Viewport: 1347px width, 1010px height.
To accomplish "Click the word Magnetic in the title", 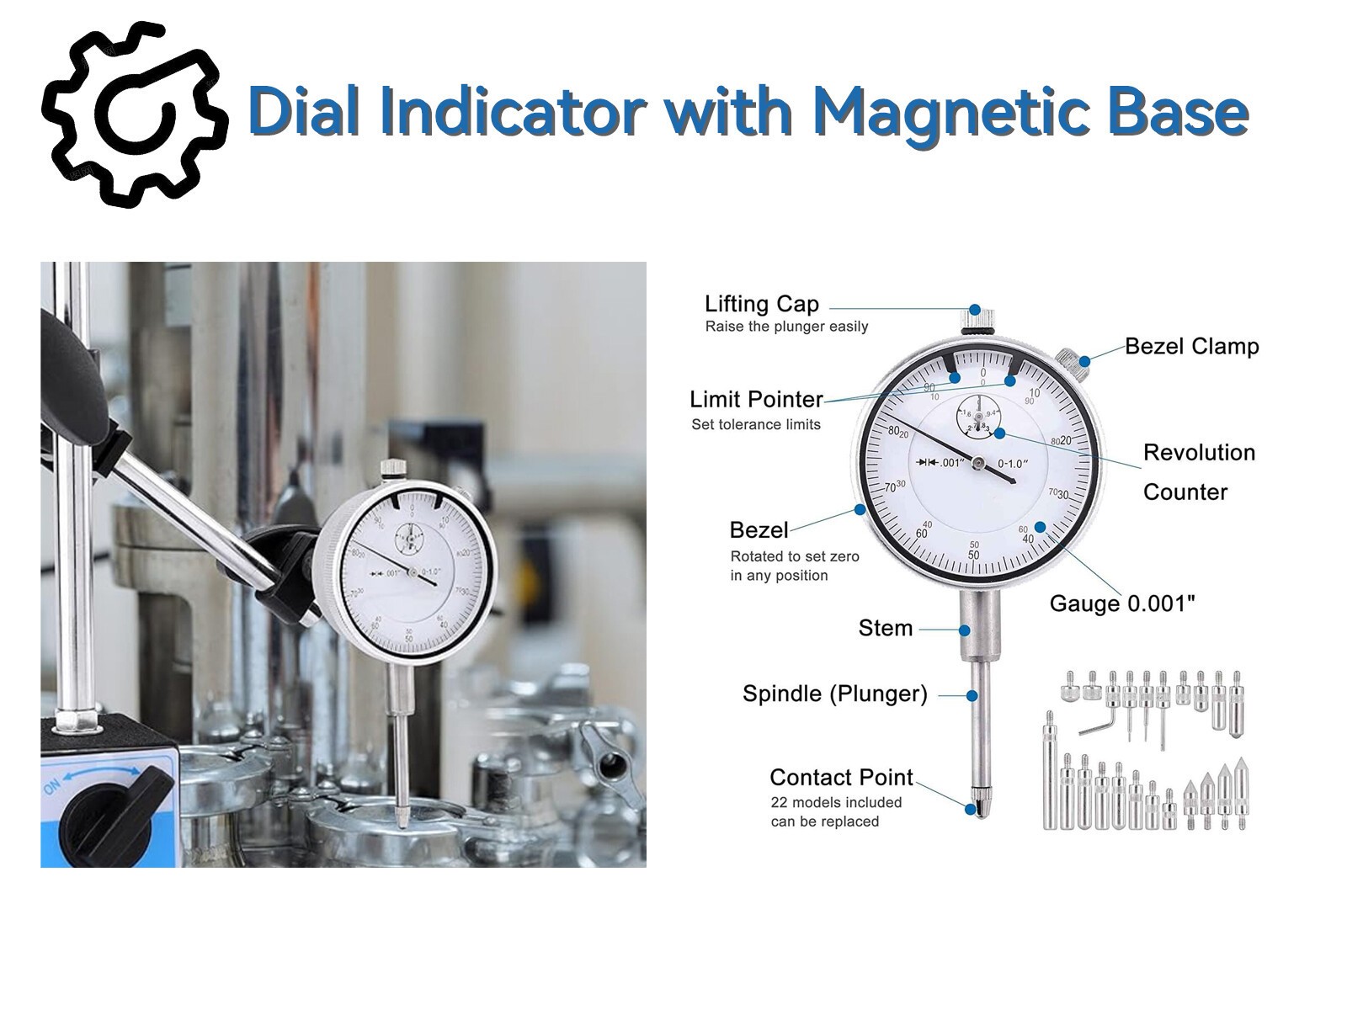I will (934, 112).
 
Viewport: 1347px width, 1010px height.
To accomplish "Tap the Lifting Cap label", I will (761, 304).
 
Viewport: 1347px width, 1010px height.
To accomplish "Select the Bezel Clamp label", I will (1191, 346).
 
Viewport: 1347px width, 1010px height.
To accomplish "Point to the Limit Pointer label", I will (755, 399).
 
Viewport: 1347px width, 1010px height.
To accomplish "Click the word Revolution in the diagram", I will (1198, 452).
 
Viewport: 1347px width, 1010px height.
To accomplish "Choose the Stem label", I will (885, 628).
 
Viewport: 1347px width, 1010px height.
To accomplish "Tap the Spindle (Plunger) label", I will (834, 694).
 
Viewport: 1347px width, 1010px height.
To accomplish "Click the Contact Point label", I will (840, 777).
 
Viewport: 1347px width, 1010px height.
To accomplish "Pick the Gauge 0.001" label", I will (1121, 603).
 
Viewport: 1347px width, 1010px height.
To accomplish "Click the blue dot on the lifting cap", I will (975, 310).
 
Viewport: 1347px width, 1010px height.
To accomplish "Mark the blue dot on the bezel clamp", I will (1085, 362).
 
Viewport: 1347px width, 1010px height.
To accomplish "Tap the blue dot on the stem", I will (965, 629).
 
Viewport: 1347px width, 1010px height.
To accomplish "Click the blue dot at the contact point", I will (971, 809).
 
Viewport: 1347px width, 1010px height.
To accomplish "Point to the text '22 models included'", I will (835, 802).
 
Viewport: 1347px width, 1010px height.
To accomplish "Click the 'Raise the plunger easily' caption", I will (785, 327).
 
